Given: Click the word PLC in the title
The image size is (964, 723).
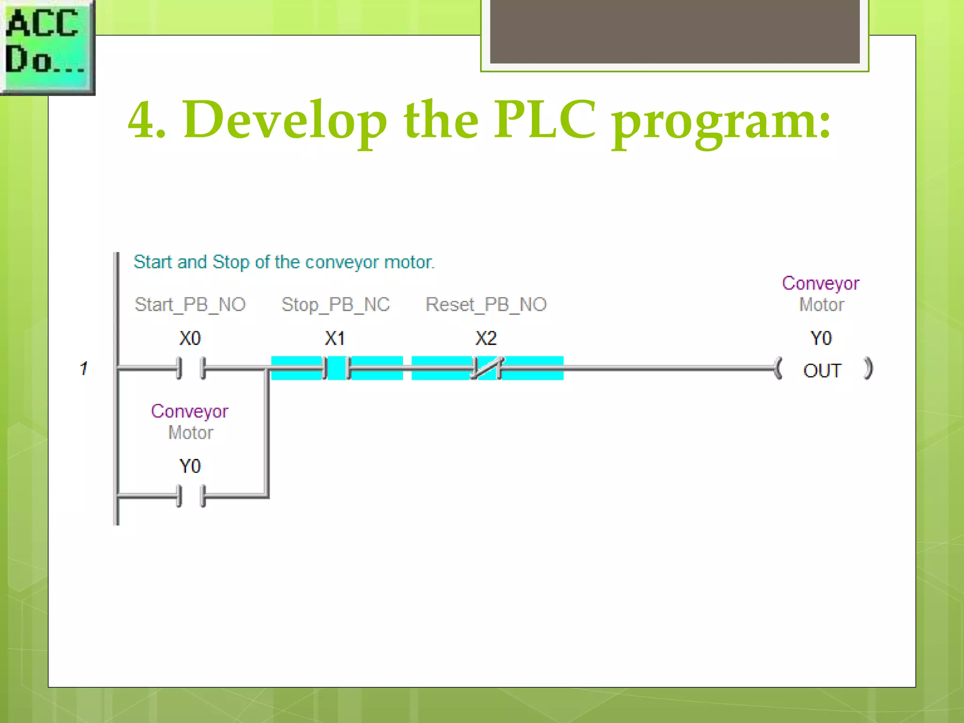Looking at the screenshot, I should coord(545,120).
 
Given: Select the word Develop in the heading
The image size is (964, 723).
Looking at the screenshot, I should coord(285,120).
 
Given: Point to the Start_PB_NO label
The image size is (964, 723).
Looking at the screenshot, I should coord(190,305).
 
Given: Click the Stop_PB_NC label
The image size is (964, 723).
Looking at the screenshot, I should coord(336,305).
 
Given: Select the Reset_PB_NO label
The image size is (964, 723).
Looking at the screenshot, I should coord(486,305).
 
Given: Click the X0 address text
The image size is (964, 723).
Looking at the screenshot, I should coord(190,338).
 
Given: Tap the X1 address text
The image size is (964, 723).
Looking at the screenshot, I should coord(335,338).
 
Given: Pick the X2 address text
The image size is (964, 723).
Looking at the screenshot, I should coord(486,338).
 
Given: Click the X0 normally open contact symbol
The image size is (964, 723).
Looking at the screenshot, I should coord(191,368).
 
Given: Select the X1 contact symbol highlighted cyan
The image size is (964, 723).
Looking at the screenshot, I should coord(336,368).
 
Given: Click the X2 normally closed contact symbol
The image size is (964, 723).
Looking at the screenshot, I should coord(487,368).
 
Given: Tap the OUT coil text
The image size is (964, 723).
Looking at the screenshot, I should coord(822,371).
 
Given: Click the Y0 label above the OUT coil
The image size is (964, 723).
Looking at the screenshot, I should coord(821,338).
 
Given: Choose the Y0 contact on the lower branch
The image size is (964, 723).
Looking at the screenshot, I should coord(191,496).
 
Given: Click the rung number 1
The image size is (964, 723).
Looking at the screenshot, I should coord(84,368).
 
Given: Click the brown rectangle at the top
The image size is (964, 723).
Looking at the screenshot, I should coord(674,31).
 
